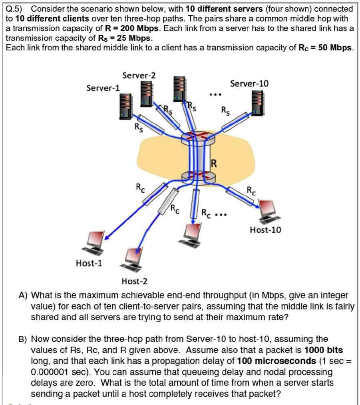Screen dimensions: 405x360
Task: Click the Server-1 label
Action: [x=103, y=88]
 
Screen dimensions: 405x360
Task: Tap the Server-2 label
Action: [x=139, y=75]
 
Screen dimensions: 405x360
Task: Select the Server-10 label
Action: [x=250, y=84]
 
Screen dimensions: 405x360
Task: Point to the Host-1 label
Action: [x=89, y=263]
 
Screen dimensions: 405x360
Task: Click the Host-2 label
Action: [x=135, y=281]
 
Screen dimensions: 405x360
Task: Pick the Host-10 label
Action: [x=265, y=230]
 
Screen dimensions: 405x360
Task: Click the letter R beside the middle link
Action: [x=214, y=163]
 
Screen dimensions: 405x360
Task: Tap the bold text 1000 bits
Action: [x=324, y=350]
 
